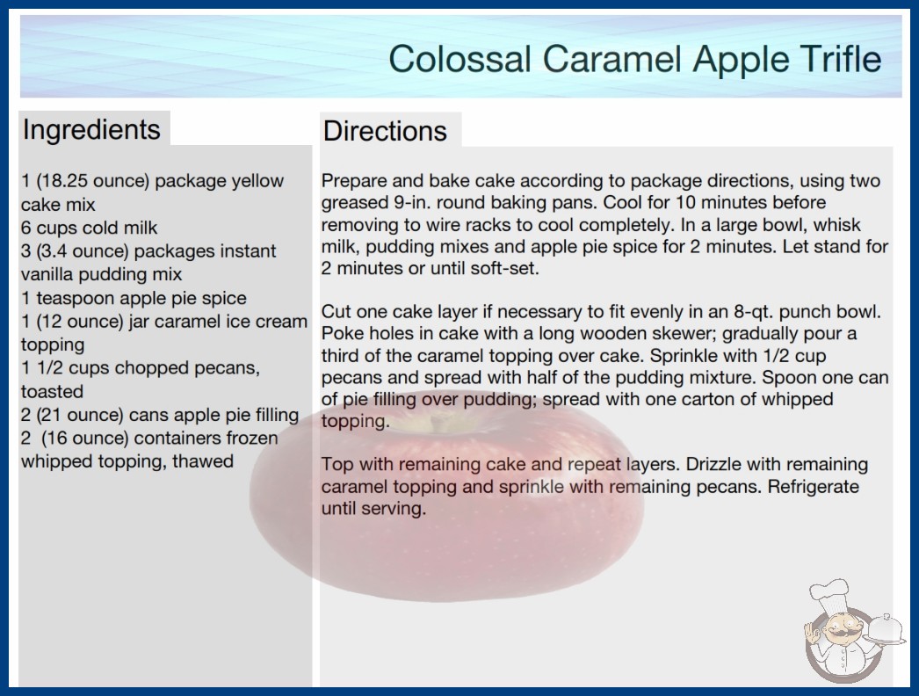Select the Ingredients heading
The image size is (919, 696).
[91, 129]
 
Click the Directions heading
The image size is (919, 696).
[385, 131]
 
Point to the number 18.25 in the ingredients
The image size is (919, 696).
[63, 181]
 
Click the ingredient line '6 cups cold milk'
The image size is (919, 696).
[89, 228]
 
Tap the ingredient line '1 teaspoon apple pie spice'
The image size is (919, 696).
[134, 298]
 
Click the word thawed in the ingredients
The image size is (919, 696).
[203, 461]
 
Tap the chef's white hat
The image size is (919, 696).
[829, 593]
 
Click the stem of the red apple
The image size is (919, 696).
[437, 419]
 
